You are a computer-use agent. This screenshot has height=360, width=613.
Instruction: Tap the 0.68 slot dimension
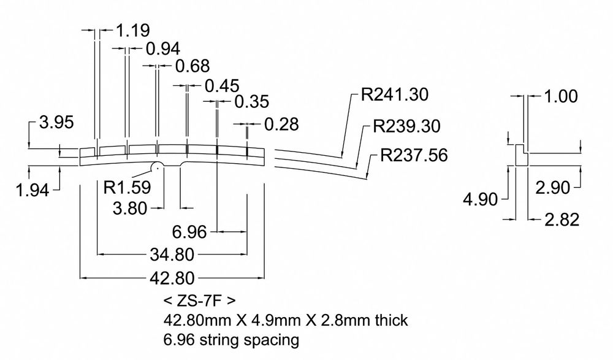(x=192, y=66)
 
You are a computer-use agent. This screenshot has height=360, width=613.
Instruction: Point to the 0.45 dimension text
(x=222, y=86)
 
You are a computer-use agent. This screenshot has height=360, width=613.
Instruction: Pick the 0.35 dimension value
(x=251, y=101)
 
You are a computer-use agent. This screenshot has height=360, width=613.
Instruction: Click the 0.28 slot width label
(x=281, y=124)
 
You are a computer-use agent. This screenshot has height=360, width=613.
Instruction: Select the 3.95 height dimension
(x=56, y=122)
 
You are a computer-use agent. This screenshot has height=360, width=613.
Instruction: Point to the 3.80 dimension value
(x=130, y=209)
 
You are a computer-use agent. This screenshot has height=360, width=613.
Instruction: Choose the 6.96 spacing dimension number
(x=189, y=232)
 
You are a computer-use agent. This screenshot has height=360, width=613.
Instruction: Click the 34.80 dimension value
(x=173, y=254)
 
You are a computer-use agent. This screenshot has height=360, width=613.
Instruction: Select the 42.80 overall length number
(x=173, y=278)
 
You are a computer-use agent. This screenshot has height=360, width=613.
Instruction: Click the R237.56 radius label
(x=414, y=155)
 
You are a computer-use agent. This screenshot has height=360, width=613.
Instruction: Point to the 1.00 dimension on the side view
(x=560, y=96)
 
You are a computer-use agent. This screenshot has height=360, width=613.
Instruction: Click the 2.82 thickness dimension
(x=559, y=220)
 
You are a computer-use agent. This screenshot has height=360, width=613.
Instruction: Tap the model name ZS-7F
(x=199, y=301)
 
